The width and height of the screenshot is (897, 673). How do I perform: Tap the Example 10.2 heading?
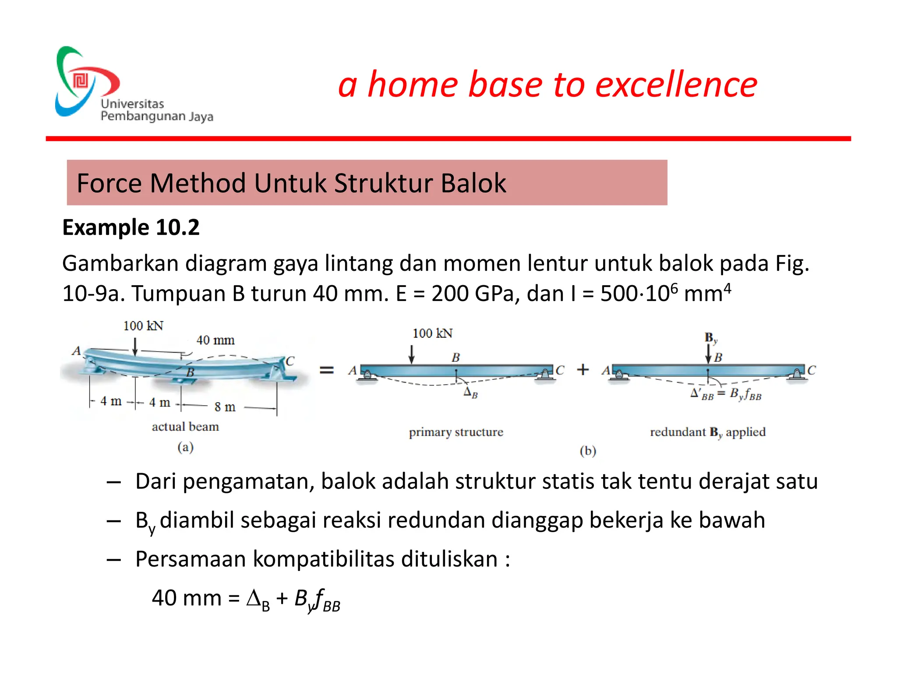tap(131, 227)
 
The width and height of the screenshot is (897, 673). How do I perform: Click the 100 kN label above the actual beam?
tap(143, 326)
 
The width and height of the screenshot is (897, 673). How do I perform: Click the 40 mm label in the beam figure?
tap(215, 340)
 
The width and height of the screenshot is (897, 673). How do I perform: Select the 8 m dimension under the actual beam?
tap(225, 407)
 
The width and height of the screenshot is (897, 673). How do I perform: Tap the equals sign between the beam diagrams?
tap(326, 370)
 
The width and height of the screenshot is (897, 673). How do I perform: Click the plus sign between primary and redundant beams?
tap(583, 370)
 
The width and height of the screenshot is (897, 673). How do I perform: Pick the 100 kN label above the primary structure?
tap(432, 333)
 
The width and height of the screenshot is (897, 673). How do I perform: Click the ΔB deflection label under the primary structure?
tap(470, 392)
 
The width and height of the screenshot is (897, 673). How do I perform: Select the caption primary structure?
tap(456, 432)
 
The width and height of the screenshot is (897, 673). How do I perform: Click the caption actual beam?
tap(185, 427)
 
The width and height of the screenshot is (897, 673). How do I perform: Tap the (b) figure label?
tap(588, 451)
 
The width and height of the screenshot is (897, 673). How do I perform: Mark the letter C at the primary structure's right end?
tap(560, 371)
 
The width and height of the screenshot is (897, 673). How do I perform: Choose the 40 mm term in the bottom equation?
tap(187, 598)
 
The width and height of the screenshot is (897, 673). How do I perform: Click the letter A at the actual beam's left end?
tap(77, 351)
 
